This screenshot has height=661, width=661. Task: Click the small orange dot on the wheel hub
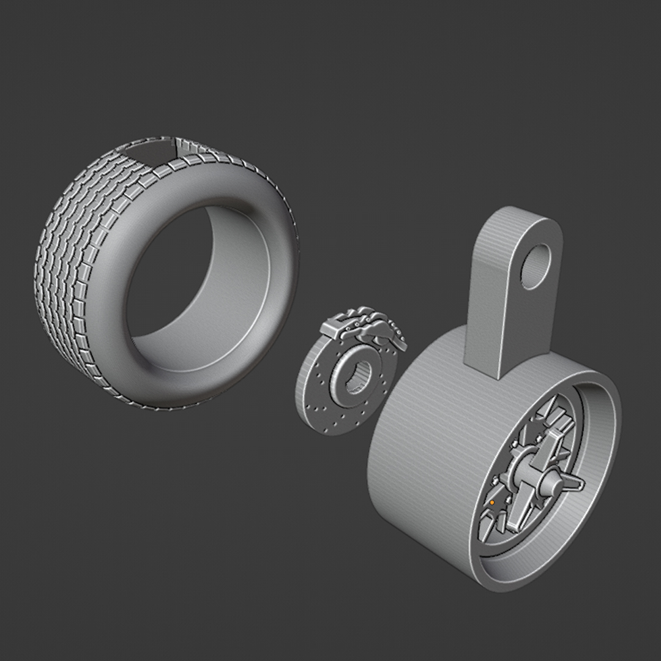pyautogui.click(x=491, y=502)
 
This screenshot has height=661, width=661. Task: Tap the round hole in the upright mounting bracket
pyautogui.click(x=536, y=267)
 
